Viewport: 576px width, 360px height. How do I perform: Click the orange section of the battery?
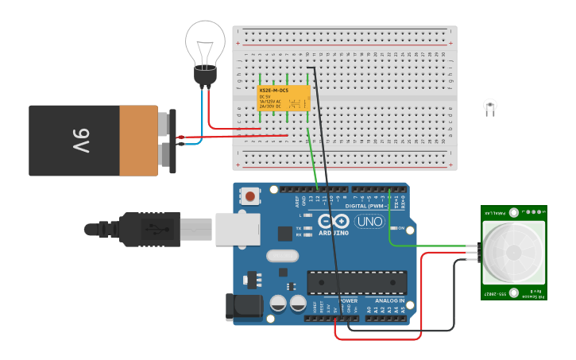pos(139,141)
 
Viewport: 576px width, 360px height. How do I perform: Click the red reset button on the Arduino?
pos(250,195)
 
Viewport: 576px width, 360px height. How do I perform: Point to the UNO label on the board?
pos(369,222)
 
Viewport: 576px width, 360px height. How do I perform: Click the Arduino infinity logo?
pos(334,222)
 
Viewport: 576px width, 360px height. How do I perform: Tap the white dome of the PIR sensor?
pos(514,251)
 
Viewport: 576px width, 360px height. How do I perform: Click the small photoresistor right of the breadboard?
pos(490,106)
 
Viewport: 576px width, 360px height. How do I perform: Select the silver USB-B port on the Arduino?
pos(237,228)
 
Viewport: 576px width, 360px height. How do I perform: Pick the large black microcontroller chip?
pos(357,282)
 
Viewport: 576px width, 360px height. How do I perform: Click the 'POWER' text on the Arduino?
pos(348,301)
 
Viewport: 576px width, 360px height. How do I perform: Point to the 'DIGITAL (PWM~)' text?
pos(367,206)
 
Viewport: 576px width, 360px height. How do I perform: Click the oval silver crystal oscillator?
pos(282,256)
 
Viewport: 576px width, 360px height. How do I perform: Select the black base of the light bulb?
pos(205,76)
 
